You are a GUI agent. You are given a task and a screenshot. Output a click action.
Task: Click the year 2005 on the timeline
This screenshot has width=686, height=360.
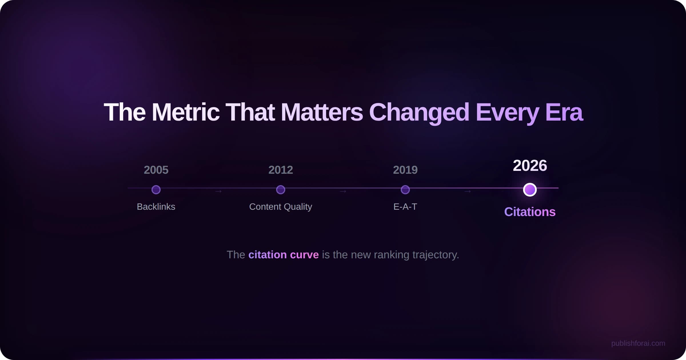pos(156,170)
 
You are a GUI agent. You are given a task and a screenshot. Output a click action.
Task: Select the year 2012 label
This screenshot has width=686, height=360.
pos(281,170)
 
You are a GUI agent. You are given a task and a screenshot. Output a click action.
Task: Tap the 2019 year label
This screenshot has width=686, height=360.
pos(405,170)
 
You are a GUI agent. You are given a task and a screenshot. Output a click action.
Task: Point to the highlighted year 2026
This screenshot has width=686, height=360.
pos(530,165)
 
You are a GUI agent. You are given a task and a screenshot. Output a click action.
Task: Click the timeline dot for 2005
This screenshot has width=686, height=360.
pos(156,190)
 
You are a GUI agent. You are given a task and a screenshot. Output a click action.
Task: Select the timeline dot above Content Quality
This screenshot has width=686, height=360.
pos(281,190)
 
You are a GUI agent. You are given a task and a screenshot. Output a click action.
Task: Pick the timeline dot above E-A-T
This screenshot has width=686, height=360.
pos(405,190)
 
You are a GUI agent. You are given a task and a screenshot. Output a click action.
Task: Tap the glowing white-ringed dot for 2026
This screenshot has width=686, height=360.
pos(530,190)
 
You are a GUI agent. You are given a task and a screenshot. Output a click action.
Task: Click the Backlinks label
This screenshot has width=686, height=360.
pos(156,207)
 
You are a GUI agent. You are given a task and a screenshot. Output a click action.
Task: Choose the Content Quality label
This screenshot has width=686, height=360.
pos(281,207)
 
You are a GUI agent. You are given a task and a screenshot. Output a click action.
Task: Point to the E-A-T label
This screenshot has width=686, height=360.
pos(405,207)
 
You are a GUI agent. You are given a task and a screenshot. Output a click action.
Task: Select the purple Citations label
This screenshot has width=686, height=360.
pos(530,212)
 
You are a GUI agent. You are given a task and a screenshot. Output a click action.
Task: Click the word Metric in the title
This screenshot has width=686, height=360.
pos(186,112)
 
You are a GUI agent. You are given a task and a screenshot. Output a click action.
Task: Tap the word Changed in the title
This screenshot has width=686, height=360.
pos(419,112)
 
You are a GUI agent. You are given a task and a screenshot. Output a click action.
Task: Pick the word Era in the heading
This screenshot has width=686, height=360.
pos(564,112)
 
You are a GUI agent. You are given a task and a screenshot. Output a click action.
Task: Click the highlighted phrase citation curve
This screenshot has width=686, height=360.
pos(284,255)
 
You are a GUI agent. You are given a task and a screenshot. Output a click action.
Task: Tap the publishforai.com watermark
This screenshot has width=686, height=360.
pos(638,343)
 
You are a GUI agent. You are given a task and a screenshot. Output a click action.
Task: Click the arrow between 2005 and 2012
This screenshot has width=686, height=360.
pos(218,191)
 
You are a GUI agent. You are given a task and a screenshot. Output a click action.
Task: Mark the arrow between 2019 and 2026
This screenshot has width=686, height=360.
pos(468,191)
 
